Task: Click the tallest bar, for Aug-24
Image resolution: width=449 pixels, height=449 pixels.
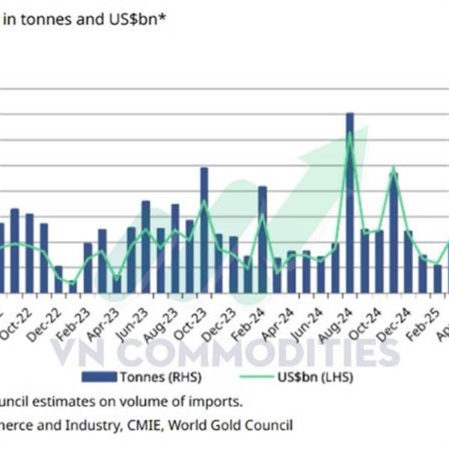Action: (349, 202)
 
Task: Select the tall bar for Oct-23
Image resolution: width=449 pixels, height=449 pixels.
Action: (204, 229)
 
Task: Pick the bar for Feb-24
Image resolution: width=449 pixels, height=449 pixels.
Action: (262, 239)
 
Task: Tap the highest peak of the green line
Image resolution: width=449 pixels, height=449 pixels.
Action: (349, 133)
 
